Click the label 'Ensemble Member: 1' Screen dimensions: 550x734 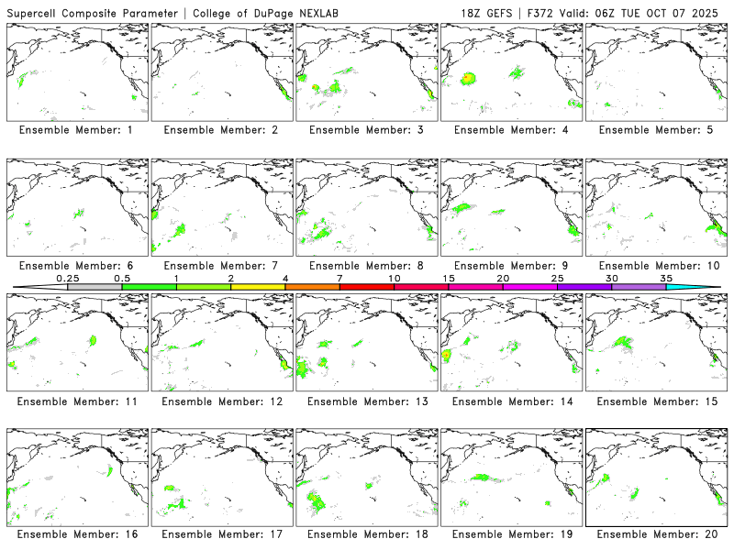point(75,130)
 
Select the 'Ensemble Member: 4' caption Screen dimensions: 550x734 point(509,130)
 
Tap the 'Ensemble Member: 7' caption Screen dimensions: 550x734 point(220,266)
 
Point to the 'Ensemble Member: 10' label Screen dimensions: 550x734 point(653,266)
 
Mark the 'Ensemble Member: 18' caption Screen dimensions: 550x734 point(365,533)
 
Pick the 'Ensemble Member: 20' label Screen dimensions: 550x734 point(653,533)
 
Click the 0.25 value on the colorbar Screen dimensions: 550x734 point(66,277)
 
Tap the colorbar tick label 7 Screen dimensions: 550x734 point(339,277)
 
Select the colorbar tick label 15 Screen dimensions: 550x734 point(449,277)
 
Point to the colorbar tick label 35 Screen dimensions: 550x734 point(666,277)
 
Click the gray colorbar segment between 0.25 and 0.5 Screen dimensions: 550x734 point(95,287)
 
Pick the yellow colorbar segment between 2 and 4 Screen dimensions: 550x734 point(258,287)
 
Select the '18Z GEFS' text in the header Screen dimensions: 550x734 point(489,11)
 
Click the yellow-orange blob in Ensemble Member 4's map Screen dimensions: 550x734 point(468,79)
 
